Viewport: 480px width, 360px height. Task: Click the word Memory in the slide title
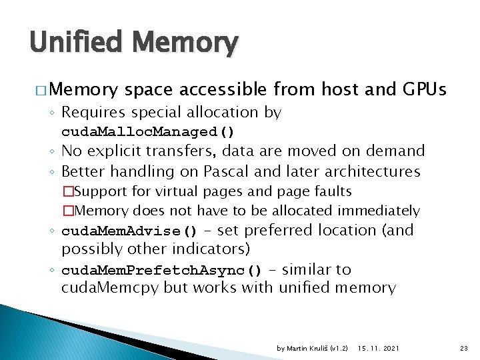[185, 43]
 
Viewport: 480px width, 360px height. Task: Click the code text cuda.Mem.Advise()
[130, 231]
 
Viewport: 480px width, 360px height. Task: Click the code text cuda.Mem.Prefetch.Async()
[163, 271]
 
